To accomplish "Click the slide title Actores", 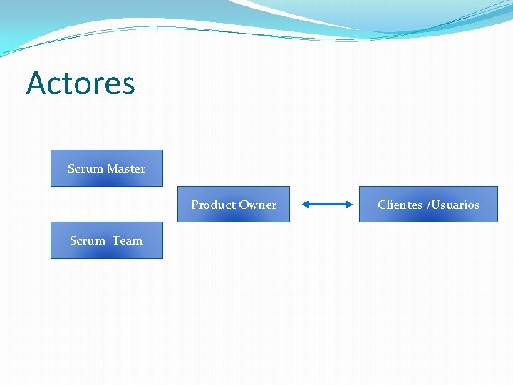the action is pyautogui.click(x=81, y=83).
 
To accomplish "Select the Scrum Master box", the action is pyautogui.click(x=107, y=168).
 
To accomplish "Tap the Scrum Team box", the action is pyautogui.click(x=107, y=240).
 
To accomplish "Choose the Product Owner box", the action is pyautogui.click(x=234, y=205).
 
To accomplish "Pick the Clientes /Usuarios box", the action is pyautogui.click(x=428, y=205).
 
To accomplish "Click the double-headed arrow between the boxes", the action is pyautogui.click(x=327, y=205).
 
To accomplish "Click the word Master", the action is pyautogui.click(x=127, y=169).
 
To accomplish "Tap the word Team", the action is pyautogui.click(x=128, y=241).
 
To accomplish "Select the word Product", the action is pyautogui.click(x=212, y=205).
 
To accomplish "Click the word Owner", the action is pyautogui.click(x=258, y=205).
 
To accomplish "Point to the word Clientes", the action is pyautogui.click(x=400, y=205).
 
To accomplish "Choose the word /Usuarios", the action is pyautogui.click(x=453, y=205).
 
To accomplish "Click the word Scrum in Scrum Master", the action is pyautogui.click(x=85, y=169).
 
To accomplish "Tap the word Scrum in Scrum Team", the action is pyautogui.click(x=88, y=241).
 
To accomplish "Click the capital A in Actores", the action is pyautogui.click(x=35, y=83).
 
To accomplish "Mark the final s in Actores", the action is pyautogui.click(x=128, y=86).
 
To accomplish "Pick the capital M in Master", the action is pyautogui.click(x=113, y=169).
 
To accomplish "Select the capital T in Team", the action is pyautogui.click(x=116, y=241).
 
